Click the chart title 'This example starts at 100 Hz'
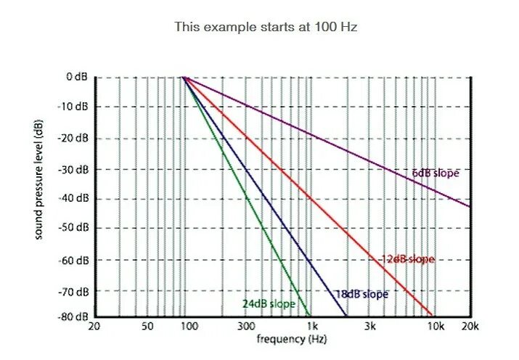click(x=266, y=26)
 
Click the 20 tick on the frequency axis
click(x=94, y=327)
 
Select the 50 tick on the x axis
click(x=147, y=327)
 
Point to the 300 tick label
click(x=246, y=327)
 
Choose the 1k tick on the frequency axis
click(x=311, y=327)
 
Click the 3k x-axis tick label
click(x=370, y=327)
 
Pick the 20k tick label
click(x=470, y=327)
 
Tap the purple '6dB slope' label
click(x=436, y=173)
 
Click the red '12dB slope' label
click(x=407, y=259)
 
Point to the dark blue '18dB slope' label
click(x=361, y=294)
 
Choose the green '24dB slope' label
click(x=269, y=303)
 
